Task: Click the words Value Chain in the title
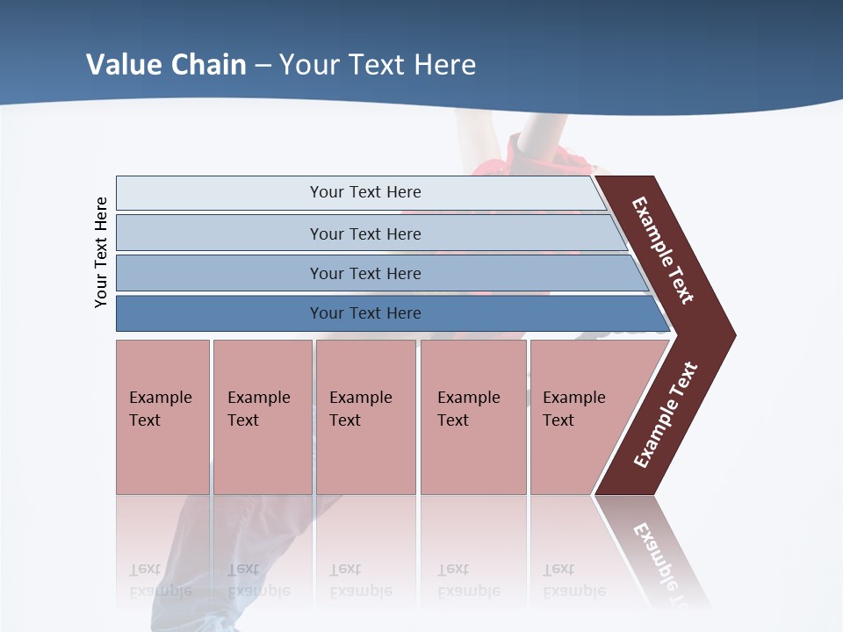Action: coord(166,65)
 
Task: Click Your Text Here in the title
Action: coord(378,65)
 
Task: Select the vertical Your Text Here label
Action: coord(101,252)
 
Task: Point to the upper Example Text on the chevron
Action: coord(664,251)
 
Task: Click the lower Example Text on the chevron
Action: coord(665,414)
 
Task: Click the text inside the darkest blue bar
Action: coord(365,313)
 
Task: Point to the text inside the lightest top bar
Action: coord(365,192)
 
